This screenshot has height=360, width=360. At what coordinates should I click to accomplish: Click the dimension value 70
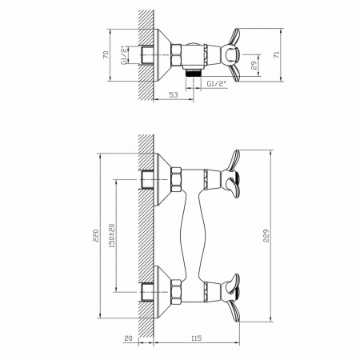(106, 54)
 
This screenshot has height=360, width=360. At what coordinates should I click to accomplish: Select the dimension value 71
(277, 54)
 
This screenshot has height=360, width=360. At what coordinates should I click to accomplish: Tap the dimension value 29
(254, 66)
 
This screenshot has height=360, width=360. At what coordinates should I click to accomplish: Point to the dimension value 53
(174, 94)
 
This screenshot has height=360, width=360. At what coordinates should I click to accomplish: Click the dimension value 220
(95, 235)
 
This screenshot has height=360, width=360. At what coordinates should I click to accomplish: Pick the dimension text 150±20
(112, 236)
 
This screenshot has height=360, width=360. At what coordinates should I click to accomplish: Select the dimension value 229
(266, 236)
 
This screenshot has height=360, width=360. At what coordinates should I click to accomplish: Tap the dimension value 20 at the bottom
(129, 338)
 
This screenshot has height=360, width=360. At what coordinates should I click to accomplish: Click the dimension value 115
(197, 338)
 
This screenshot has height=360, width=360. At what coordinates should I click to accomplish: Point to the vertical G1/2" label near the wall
(124, 55)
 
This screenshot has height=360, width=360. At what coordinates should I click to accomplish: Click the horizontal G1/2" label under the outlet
(216, 84)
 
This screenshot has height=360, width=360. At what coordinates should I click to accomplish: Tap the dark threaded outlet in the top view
(194, 72)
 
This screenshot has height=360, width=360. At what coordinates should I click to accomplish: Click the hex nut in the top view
(176, 55)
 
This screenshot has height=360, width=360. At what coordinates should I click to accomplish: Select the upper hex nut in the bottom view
(176, 179)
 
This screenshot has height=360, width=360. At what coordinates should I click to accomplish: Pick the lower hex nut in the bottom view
(176, 292)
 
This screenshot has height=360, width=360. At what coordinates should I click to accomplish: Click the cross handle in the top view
(231, 55)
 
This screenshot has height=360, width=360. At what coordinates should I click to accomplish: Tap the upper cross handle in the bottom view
(231, 174)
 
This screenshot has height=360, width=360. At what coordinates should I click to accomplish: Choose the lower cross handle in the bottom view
(231, 298)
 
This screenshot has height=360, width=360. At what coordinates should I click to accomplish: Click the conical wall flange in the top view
(162, 54)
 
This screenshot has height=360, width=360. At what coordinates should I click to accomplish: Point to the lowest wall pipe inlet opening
(146, 292)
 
